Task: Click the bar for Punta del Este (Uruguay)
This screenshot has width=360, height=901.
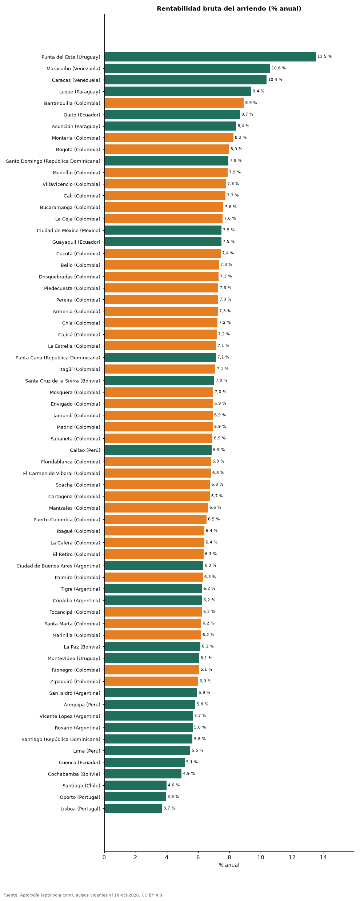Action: [x=210, y=57]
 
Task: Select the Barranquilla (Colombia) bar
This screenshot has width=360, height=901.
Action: [x=174, y=103]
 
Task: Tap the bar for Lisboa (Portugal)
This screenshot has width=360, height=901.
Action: [x=133, y=809]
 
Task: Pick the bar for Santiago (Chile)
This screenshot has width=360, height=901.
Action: [x=136, y=785]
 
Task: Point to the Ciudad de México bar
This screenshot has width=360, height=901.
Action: [x=163, y=230]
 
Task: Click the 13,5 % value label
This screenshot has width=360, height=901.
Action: [x=324, y=57]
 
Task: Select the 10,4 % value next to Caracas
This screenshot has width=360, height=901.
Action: [x=275, y=80]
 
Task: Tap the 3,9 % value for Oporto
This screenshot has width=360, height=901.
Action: [x=173, y=797]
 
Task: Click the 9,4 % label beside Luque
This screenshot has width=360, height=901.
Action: [x=259, y=91]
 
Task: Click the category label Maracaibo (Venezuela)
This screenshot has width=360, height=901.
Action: [x=73, y=68]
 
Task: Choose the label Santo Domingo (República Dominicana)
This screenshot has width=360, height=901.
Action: [x=53, y=161]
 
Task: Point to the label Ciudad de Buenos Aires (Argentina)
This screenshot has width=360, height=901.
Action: [x=59, y=566]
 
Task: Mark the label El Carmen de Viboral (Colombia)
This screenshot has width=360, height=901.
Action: [x=61, y=473]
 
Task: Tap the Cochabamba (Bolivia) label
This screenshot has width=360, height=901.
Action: [x=74, y=774]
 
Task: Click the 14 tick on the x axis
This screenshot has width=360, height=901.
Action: [x=323, y=857]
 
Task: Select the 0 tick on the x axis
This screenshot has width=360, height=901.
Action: [x=104, y=857]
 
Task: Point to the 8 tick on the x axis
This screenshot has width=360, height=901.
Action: [x=229, y=857]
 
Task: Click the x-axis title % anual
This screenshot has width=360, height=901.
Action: [x=229, y=865]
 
